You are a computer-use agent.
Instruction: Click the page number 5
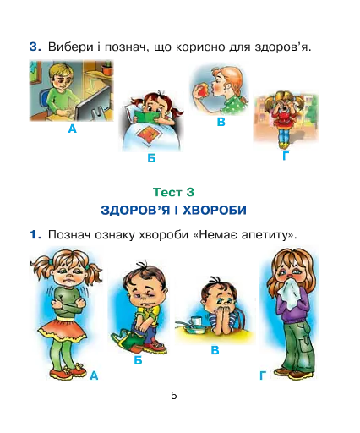pyautogui.click(x=174, y=396)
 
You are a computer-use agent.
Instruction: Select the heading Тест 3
pyautogui.click(x=173, y=192)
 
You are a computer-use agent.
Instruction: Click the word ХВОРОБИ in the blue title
pyautogui.click(x=215, y=210)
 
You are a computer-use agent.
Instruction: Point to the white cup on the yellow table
pyautogui.click(x=195, y=321)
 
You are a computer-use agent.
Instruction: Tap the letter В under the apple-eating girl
pyautogui.click(x=221, y=122)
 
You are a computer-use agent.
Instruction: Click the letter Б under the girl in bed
pyautogui.click(x=151, y=158)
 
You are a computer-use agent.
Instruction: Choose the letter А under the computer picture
pyautogui.click(x=73, y=129)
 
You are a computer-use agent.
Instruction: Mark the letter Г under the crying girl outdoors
pyautogui.click(x=286, y=156)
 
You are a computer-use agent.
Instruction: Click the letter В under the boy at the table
pyautogui.click(x=215, y=350)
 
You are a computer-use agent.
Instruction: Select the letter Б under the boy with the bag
pyautogui.click(x=138, y=360)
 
